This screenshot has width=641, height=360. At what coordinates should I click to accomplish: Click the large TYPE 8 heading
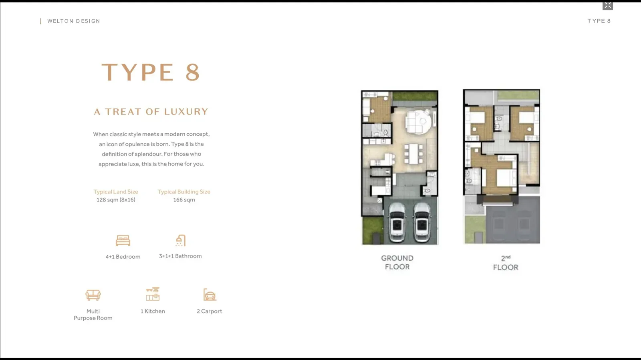point(151,72)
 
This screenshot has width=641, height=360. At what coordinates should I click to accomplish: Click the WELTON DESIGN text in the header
point(74,21)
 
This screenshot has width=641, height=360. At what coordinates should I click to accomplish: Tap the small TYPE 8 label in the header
point(599,21)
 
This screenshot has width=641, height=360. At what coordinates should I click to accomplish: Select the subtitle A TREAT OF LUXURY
point(151,111)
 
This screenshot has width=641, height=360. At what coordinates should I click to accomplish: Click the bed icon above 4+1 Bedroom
point(123,241)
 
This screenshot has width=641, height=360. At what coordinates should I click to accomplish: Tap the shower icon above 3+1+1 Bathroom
point(181,241)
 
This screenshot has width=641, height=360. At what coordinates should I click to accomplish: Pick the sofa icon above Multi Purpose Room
point(93,295)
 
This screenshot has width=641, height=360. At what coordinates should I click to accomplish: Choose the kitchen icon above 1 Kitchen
point(153,294)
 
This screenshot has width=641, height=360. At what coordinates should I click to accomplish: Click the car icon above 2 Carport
point(210,294)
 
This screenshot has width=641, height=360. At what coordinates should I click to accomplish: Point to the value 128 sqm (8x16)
point(116,199)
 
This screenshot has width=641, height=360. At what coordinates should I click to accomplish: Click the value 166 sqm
point(184,199)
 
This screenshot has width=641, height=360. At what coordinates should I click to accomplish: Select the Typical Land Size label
point(116,191)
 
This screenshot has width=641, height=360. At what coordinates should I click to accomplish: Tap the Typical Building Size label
point(184,191)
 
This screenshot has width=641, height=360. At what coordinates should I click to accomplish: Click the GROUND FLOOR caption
point(397,263)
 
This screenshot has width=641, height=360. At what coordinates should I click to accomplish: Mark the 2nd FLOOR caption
point(506,263)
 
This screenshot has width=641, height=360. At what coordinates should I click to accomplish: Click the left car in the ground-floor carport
point(397,223)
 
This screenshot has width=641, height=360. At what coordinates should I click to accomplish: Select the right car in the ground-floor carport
point(422,223)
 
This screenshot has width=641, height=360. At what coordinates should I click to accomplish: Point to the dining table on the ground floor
point(413,154)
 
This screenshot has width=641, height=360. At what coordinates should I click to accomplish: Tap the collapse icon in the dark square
point(607,5)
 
